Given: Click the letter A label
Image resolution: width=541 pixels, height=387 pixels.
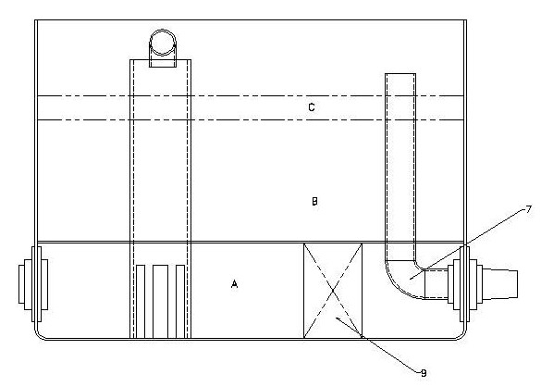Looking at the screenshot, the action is click(x=234, y=284).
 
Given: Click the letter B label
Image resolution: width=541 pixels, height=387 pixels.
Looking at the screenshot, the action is click(x=314, y=201).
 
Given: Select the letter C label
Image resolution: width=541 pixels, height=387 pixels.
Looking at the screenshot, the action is click(x=312, y=107).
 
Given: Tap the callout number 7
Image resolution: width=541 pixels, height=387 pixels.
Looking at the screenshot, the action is click(x=528, y=209).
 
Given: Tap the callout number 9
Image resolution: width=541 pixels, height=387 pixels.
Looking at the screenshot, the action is click(x=424, y=373).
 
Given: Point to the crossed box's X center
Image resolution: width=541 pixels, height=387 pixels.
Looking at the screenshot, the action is click(x=333, y=291).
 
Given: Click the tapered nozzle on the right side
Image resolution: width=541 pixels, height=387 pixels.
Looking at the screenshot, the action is click(x=500, y=283).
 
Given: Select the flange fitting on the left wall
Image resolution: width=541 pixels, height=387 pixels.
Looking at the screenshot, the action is click(x=33, y=284).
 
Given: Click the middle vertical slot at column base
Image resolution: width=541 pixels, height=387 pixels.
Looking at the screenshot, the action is click(x=160, y=301).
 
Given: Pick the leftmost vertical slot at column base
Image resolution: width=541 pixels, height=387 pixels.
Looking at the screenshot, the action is click(x=141, y=301).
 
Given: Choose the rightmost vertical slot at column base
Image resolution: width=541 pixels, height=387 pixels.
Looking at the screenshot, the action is click(x=180, y=301).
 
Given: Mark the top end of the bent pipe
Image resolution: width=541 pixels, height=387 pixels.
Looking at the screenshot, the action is click(x=400, y=73).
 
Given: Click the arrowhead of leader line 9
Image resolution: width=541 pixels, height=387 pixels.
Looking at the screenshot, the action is click(x=336, y=318).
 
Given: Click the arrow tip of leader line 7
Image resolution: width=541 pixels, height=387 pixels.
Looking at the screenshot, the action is click(x=411, y=279).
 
